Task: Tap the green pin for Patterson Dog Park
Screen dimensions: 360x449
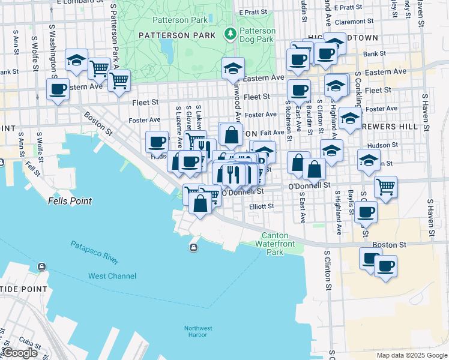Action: click(229, 32)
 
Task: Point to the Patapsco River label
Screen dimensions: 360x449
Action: click(94, 252)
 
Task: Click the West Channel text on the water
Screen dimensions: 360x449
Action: click(112, 276)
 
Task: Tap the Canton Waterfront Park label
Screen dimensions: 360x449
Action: click(275, 244)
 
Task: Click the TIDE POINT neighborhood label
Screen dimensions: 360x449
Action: click(23, 289)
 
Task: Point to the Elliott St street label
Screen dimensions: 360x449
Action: click(261, 206)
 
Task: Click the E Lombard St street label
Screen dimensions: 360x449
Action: click(79, 3)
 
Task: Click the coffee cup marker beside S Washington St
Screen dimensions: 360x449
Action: click(58, 90)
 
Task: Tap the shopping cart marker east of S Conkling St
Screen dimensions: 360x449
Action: click(385, 186)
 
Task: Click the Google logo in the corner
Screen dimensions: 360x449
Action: click(20, 353)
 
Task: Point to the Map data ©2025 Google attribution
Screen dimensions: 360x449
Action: click(412, 355)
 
